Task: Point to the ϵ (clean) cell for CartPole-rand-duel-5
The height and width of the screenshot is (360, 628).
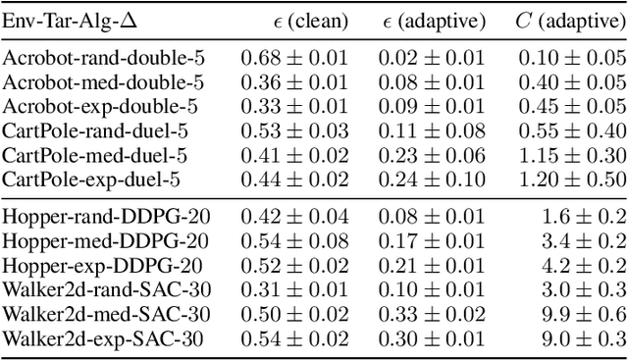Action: point(294,131)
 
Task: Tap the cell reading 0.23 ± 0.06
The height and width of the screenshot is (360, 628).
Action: point(433,155)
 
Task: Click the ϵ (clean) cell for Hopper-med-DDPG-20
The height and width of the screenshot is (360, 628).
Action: point(294,241)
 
